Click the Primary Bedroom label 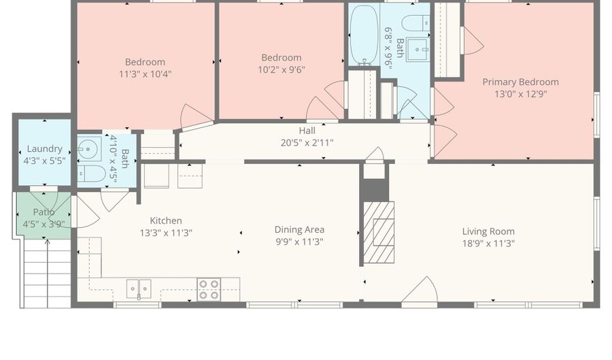point(520,82)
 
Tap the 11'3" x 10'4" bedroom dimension point(146,74)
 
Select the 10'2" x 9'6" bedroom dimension point(281,70)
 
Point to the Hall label point(307,131)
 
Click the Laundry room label point(44,149)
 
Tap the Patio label point(44,212)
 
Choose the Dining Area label point(299,229)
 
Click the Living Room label point(488,231)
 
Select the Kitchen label point(166,220)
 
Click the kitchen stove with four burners point(209,289)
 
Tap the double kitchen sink point(139,289)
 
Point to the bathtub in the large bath point(364,35)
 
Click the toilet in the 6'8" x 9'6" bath point(415,23)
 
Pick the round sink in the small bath point(89,149)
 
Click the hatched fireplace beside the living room point(379,232)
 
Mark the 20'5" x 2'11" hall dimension point(307,143)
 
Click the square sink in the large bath point(418,50)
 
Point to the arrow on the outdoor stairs point(48,274)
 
